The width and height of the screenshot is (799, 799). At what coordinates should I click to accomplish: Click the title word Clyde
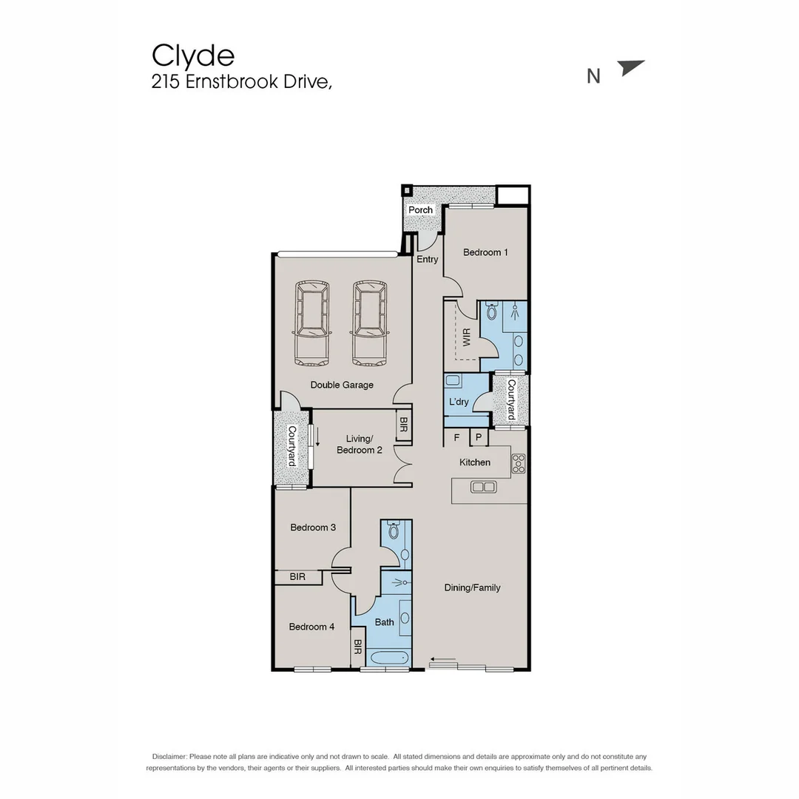pyautogui.click(x=193, y=55)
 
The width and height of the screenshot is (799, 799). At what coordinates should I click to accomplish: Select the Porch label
pyautogui.click(x=420, y=210)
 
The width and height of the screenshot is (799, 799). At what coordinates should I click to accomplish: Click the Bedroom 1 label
pyautogui.click(x=485, y=252)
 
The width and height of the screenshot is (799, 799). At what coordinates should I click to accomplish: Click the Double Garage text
pyautogui.click(x=342, y=385)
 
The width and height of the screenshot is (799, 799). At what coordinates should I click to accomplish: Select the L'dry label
pyautogui.click(x=459, y=402)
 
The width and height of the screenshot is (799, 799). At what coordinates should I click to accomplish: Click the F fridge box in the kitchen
pyautogui.click(x=456, y=438)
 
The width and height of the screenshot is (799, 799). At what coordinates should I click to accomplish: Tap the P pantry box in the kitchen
pyautogui.click(x=479, y=438)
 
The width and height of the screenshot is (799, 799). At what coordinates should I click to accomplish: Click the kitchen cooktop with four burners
pyautogui.click(x=519, y=463)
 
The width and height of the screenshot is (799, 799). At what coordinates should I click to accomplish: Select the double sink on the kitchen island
pyautogui.click(x=484, y=487)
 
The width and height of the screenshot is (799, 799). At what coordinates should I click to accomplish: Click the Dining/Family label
pyautogui.click(x=472, y=587)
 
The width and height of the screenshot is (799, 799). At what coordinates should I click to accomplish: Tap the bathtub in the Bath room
pyautogui.click(x=388, y=658)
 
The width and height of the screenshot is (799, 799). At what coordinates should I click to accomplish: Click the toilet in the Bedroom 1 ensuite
pyautogui.click(x=492, y=311)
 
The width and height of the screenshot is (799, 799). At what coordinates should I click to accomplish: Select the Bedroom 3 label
pyautogui.click(x=313, y=527)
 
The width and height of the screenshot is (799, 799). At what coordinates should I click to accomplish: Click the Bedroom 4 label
pyautogui.click(x=311, y=627)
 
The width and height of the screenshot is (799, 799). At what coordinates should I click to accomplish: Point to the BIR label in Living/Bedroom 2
pyautogui.click(x=403, y=425)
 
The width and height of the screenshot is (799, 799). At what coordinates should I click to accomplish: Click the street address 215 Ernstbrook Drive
pyautogui.click(x=241, y=82)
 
